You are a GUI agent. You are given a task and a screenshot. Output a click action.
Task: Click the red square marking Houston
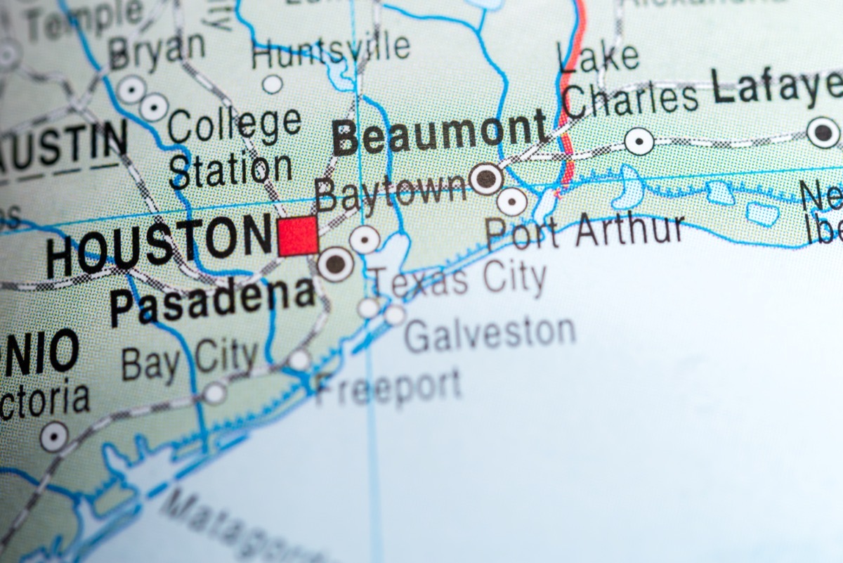(298, 237)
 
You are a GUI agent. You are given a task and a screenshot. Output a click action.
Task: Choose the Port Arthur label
(584, 231)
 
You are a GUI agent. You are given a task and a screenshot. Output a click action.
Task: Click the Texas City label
(458, 279)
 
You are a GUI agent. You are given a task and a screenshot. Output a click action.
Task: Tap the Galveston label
(490, 334)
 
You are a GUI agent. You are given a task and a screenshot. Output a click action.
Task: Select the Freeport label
(388, 386)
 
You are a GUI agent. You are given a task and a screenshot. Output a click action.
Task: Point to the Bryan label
(157, 51)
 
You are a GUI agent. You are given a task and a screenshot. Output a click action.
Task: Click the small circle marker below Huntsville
(273, 84)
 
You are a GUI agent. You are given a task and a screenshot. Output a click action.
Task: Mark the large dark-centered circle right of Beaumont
(485, 178)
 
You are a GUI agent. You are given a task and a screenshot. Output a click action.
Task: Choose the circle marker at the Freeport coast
(299, 360)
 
